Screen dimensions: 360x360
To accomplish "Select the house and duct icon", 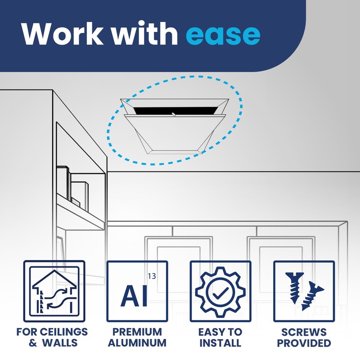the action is point(54,291).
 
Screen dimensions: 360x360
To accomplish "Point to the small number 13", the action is point(152,276).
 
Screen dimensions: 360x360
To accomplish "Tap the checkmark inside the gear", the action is point(220,292).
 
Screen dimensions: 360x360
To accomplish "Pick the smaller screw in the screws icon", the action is point(313,297).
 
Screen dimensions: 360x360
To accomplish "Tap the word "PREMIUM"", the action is point(137,333).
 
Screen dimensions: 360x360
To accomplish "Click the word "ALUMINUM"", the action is point(137,343).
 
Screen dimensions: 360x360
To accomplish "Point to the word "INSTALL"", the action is point(220,343).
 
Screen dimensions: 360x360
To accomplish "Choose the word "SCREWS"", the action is point(304,333).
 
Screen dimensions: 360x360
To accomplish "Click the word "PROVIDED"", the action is point(304,343).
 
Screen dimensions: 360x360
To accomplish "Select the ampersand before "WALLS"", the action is point(33,343).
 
